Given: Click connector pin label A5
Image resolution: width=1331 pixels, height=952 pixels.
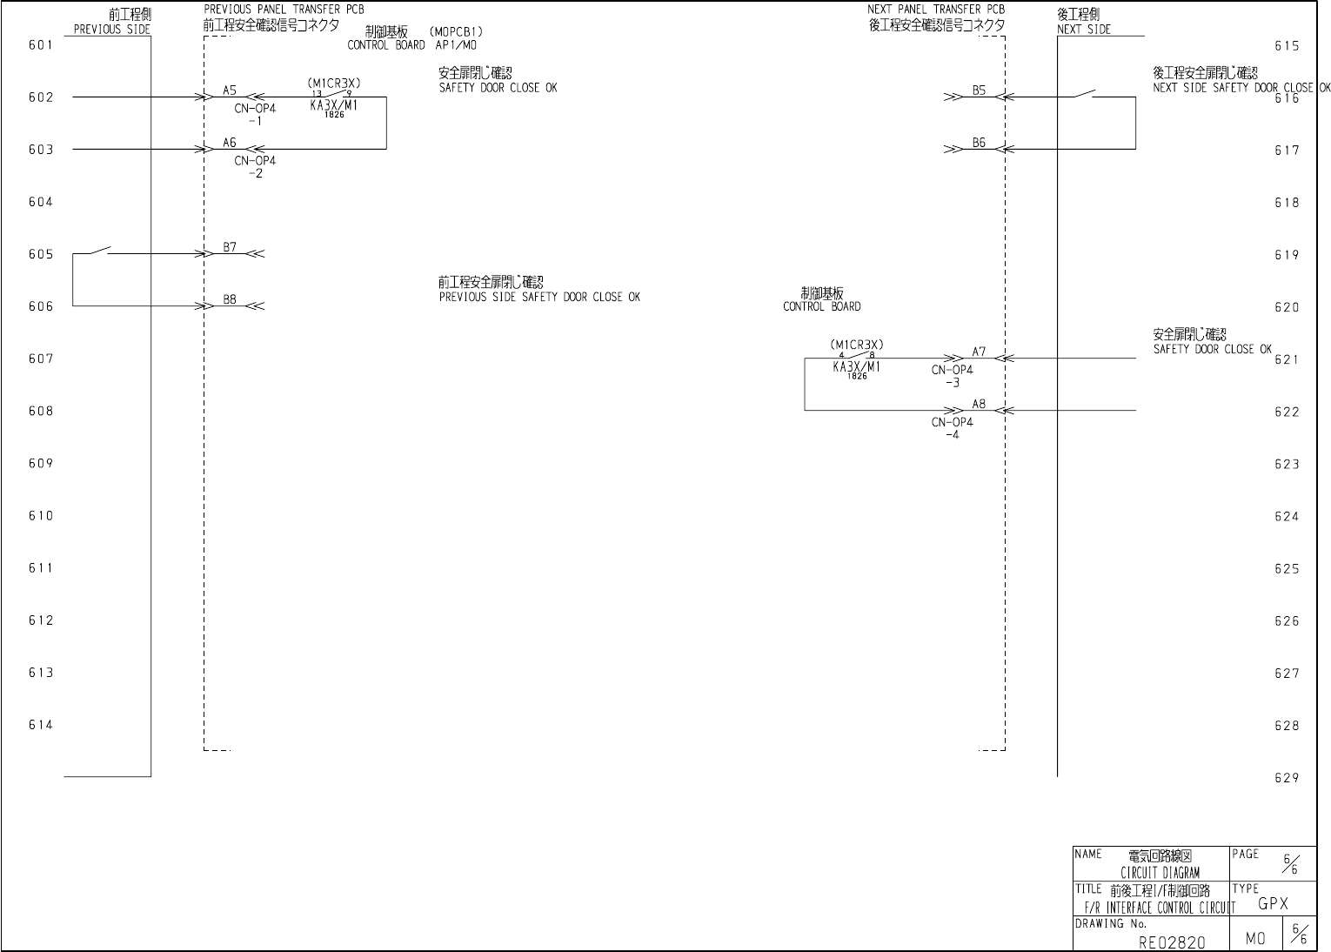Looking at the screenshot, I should [x=230, y=90].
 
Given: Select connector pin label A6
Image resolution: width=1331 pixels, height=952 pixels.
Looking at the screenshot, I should [x=230, y=143].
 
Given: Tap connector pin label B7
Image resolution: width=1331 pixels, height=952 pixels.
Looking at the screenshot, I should [x=230, y=247].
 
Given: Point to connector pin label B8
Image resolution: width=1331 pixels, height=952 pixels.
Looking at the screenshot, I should [x=230, y=299].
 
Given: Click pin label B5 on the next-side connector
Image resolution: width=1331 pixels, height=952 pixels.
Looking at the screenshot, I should [x=980, y=90].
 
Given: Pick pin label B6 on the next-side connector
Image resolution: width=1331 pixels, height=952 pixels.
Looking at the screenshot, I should [x=980, y=143].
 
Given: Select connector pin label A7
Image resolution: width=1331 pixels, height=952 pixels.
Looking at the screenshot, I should [x=980, y=352].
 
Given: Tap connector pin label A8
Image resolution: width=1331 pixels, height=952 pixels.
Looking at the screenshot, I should [x=980, y=404].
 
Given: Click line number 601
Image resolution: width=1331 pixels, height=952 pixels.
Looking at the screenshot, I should [x=41, y=45].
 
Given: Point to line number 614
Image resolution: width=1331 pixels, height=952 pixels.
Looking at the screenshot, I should [x=41, y=725].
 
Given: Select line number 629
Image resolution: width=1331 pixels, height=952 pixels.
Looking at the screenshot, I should [x=1287, y=778].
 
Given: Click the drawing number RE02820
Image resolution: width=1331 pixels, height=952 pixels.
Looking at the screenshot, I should [x=1172, y=942].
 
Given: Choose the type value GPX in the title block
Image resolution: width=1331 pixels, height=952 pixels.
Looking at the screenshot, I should [x=1273, y=903].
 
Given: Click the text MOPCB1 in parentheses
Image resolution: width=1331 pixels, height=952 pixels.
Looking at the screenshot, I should [x=456, y=32].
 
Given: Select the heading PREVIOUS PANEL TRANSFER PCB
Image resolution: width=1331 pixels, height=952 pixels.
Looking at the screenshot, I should [x=284, y=10].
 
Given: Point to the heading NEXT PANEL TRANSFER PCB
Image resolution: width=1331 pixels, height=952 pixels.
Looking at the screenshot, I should [x=936, y=10].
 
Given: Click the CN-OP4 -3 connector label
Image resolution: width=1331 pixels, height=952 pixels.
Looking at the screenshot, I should [x=953, y=376].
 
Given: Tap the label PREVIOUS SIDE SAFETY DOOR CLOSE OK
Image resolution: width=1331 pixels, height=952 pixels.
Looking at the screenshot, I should [x=539, y=297].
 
